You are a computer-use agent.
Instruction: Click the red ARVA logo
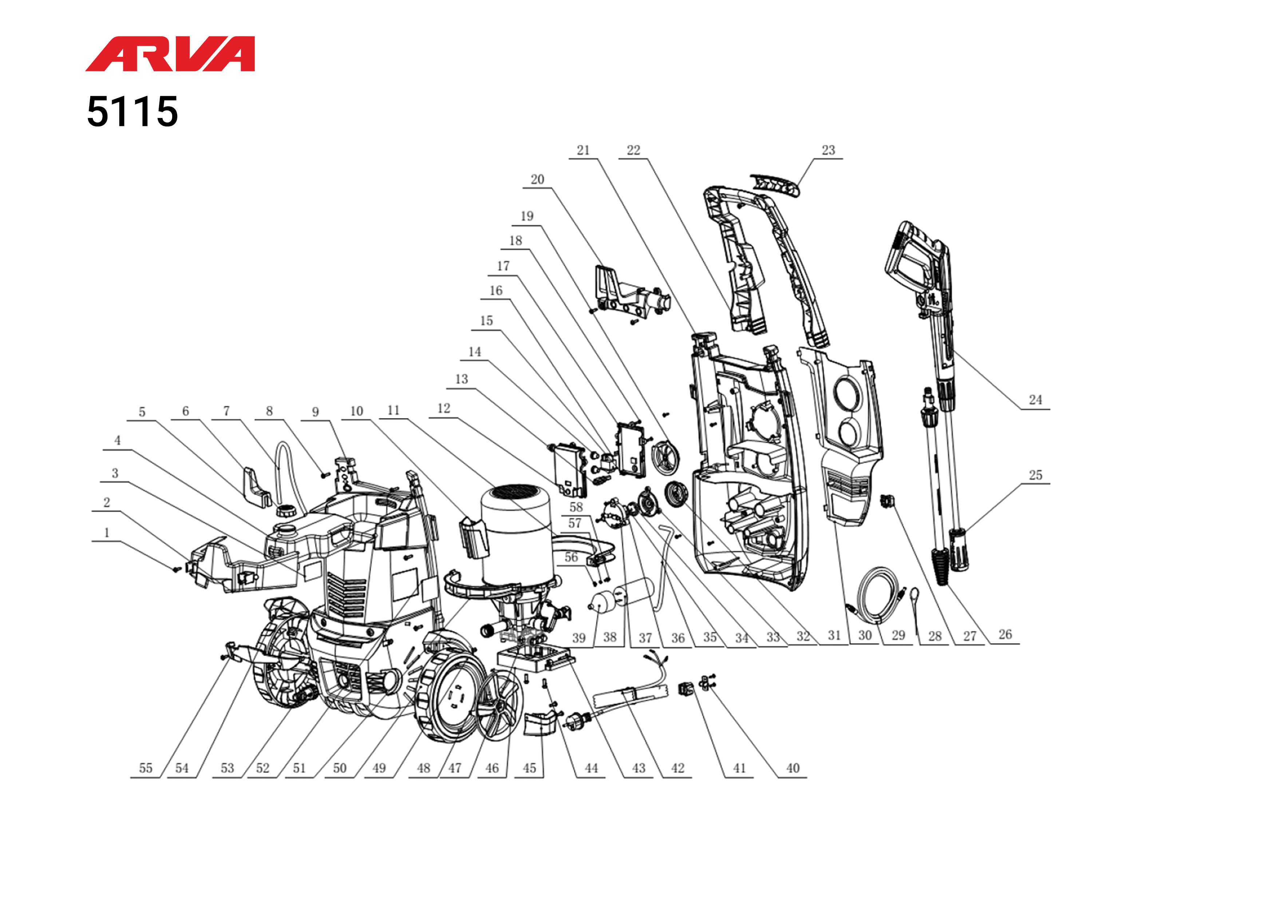[170, 54]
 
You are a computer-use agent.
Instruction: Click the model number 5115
[133, 112]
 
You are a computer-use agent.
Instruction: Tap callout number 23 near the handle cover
[828, 150]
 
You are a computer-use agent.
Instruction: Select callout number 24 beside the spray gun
[1035, 400]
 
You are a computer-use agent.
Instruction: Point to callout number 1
[107, 532]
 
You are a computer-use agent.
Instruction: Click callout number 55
[146, 768]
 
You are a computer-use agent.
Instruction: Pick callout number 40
[792, 768]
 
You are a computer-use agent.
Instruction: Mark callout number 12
[443, 409]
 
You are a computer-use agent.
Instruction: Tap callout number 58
[576, 508]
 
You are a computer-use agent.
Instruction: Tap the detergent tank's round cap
[286, 510]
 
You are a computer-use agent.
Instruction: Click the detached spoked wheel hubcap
[499, 705]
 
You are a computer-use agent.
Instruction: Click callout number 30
[865, 635]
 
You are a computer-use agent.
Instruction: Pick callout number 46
[492, 768]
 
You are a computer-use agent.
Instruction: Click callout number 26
[1005, 634]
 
